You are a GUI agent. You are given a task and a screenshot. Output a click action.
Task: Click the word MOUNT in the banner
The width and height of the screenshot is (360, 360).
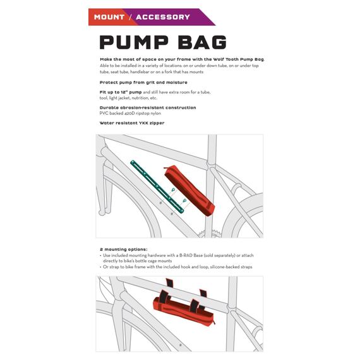coord(109,17)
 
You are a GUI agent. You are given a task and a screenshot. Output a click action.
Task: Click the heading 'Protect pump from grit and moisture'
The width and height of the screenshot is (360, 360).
coord(143,83)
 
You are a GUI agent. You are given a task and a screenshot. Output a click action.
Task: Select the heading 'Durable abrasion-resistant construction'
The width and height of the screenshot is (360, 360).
coord(148,107)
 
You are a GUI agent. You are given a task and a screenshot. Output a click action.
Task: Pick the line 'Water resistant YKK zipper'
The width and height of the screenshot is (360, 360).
coord(132,123)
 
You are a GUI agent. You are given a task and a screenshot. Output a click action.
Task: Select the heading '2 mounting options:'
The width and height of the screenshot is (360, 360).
coord(123,249)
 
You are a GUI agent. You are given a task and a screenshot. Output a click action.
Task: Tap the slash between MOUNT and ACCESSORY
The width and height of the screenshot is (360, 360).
coord(130,17)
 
